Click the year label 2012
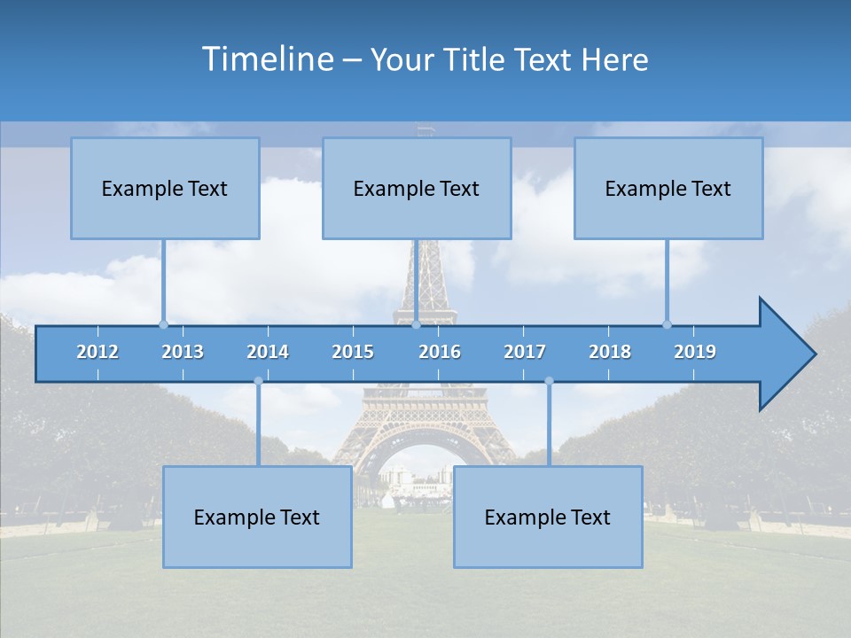98,352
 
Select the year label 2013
183,352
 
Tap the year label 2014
268,352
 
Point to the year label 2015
353,352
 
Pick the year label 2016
440,352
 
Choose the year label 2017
525,352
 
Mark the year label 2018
610,352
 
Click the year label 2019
695,352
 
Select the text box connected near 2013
165,188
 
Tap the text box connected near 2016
417,188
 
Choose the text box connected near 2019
668,188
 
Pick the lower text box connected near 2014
257,517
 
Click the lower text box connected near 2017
548,517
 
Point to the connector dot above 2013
163,324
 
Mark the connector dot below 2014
258,381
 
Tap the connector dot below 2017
549,381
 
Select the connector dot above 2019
667,324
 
